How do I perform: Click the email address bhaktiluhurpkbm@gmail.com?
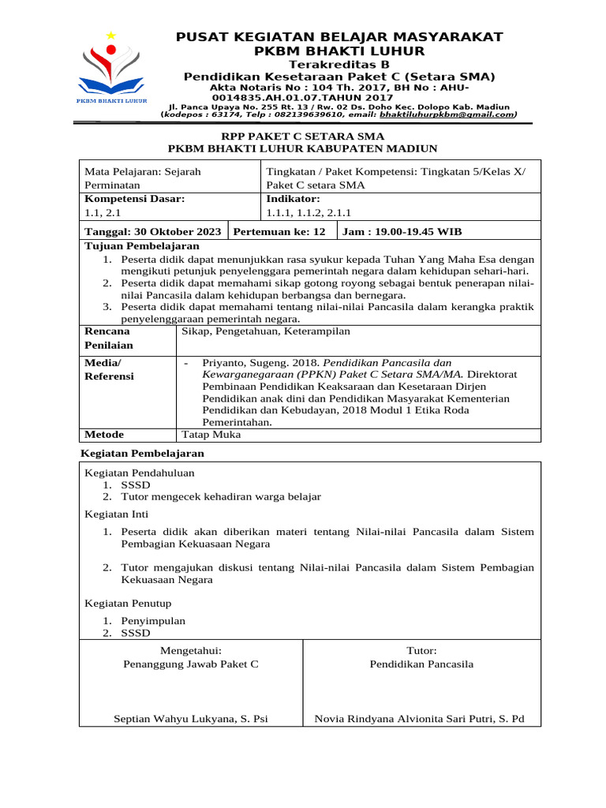point(447,114)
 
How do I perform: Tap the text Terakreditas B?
point(339,64)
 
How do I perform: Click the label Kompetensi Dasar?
point(134,199)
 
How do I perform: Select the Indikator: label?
point(294,199)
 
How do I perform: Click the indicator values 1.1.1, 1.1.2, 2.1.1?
point(309,212)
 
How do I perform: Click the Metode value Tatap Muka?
point(211,435)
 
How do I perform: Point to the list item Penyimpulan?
point(153,620)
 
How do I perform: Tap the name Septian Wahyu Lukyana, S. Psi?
point(191,719)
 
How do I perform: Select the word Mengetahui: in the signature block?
point(191,650)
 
